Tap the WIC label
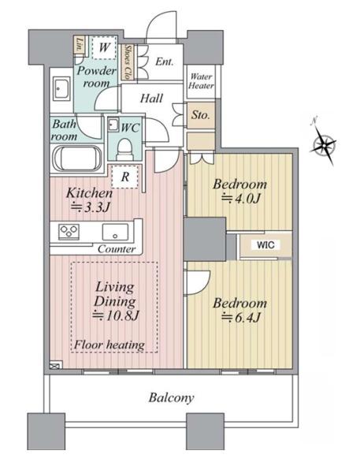pyautogui.click(x=265, y=244)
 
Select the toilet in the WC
pyautogui.click(x=124, y=149)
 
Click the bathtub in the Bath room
pyautogui.click(x=77, y=158)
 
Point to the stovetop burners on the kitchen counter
pyautogui.click(x=69, y=232)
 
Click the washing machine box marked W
pyautogui.click(x=104, y=47)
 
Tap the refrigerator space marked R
pyautogui.click(x=124, y=177)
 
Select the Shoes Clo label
pyautogui.click(x=128, y=62)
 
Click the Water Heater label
pyautogui.click(x=201, y=81)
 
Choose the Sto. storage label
pyautogui.click(x=200, y=114)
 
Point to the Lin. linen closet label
pyautogui.click(x=80, y=44)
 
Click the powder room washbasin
pyautogui.click(x=61, y=88)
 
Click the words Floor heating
pyautogui.click(x=109, y=345)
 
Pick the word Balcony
pyautogui.click(x=171, y=398)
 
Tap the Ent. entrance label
pyautogui.click(x=165, y=61)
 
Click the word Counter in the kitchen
pyautogui.click(x=117, y=249)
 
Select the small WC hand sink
pyautogui.click(x=113, y=125)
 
